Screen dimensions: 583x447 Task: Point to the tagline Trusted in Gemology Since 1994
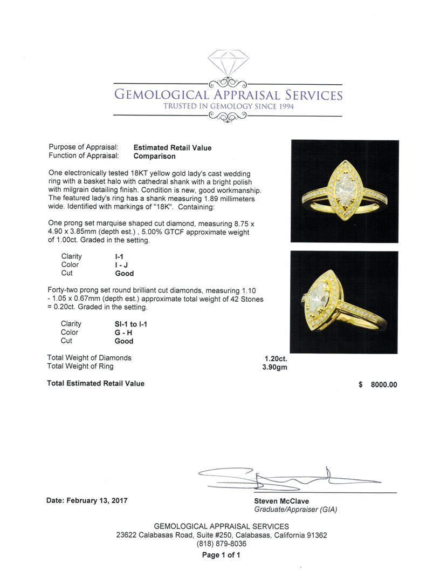228,106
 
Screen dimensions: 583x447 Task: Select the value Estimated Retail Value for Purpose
173,147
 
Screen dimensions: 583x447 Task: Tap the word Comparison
154,156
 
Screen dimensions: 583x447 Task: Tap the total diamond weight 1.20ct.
276,358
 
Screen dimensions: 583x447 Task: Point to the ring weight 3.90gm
275,367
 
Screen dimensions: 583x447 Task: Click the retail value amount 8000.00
383,385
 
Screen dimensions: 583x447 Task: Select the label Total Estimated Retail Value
95,383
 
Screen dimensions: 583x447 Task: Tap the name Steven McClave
281,501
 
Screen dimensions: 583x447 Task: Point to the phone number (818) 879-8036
221,544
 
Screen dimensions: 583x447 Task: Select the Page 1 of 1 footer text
221,555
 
